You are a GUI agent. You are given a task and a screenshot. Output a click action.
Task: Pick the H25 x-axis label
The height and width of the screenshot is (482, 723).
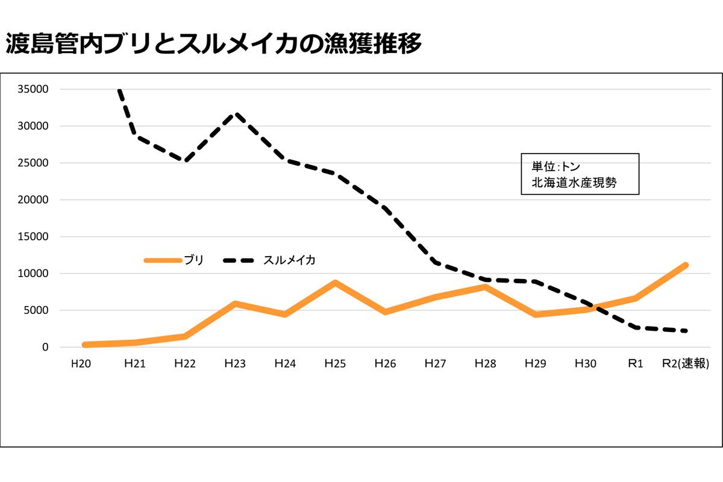point(335,364)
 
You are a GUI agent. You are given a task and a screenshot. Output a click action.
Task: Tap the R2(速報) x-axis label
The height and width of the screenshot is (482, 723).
point(684,364)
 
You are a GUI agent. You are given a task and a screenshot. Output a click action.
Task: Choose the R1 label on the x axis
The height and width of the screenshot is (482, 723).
point(635,364)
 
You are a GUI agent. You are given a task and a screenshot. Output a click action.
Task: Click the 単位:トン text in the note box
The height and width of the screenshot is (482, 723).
point(555,167)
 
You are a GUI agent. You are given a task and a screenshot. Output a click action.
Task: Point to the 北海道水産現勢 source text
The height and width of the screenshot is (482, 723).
point(573,183)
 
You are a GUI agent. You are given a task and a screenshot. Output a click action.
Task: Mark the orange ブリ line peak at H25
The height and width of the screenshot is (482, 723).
point(335,283)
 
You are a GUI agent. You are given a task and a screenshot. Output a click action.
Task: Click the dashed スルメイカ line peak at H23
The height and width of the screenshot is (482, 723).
point(236,114)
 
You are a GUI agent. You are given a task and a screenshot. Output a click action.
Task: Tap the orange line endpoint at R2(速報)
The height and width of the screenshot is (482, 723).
point(686,265)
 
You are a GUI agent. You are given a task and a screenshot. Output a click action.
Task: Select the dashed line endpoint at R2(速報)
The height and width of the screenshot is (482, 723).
point(686,331)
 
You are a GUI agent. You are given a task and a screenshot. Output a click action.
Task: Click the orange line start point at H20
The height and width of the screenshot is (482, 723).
point(85,345)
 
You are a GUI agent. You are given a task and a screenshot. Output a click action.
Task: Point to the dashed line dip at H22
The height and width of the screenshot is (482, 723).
point(185,161)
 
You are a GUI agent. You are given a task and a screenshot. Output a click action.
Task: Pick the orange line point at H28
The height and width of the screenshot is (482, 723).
point(485,287)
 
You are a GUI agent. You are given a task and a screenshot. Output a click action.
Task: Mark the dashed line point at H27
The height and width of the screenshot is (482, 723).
point(435,262)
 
